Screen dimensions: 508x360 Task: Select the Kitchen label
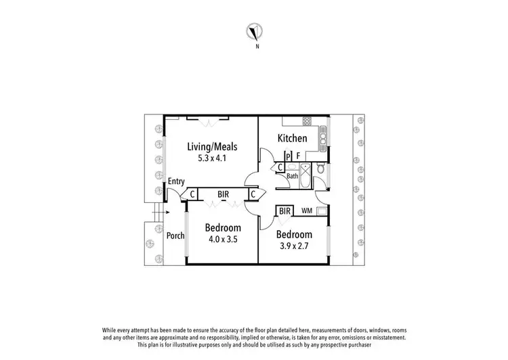[x=293, y=139]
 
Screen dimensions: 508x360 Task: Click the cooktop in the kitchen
[x=307, y=122]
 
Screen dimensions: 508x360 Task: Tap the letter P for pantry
[x=289, y=156]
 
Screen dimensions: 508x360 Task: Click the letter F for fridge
[x=299, y=156]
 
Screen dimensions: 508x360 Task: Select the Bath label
[x=292, y=176]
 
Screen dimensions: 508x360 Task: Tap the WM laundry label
[x=306, y=211]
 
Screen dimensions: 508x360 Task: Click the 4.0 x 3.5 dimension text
[x=223, y=239]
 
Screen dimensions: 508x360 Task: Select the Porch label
[x=175, y=235]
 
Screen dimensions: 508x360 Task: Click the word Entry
[x=176, y=181]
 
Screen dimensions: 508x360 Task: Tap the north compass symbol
[x=255, y=31]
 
